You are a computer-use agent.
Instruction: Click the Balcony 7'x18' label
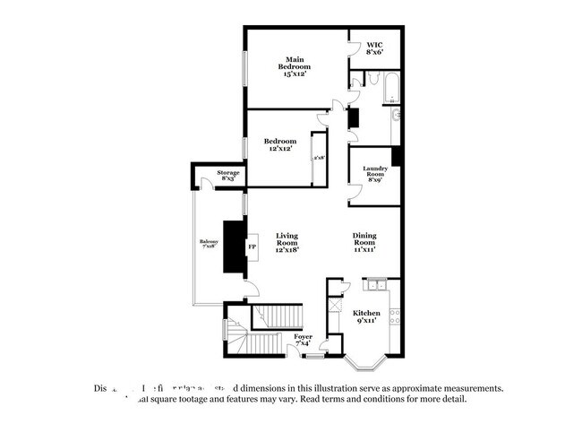click(x=208, y=243)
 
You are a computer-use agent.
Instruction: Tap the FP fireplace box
click(x=252, y=245)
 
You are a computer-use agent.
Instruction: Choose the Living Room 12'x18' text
click(x=287, y=243)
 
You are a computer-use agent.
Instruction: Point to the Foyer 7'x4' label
click(x=304, y=340)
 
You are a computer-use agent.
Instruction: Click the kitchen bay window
click(x=369, y=364)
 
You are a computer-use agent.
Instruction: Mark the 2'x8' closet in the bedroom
click(x=318, y=159)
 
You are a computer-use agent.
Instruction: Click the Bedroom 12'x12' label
click(x=279, y=144)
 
